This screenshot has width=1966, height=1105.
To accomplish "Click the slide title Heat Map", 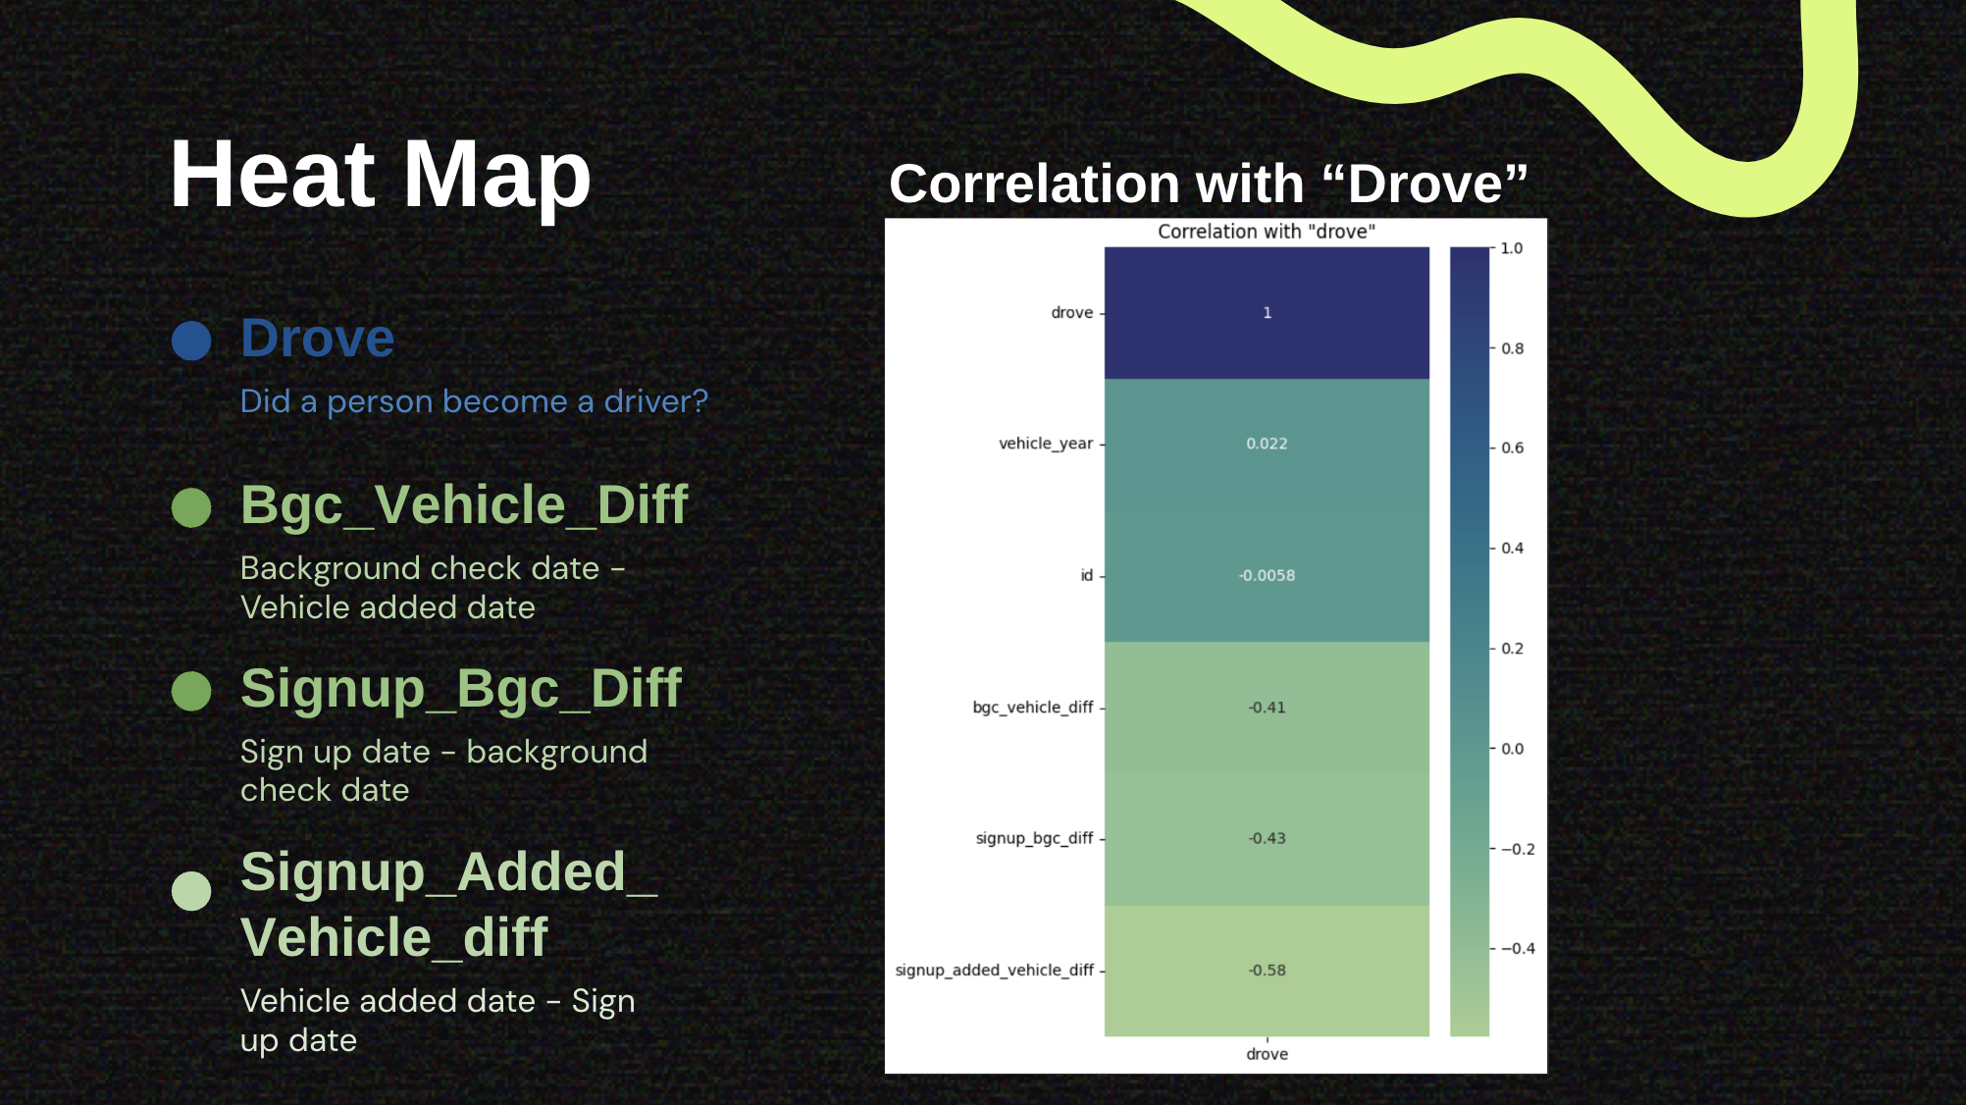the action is tap(381, 175).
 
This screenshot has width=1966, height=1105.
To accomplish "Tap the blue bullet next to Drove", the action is tap(191, 341).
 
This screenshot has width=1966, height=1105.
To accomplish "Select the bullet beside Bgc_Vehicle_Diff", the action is tap(191, 507).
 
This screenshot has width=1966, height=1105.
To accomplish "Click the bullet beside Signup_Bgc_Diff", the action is tap(191, 691).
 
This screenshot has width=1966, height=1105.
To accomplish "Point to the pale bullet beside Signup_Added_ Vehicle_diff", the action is tap(191, 890).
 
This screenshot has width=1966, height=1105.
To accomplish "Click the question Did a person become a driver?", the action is tap(474, 402).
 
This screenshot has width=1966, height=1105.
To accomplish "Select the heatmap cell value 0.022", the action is tap(1267, 444).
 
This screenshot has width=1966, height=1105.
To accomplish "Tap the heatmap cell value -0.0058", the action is tap(1267, 575).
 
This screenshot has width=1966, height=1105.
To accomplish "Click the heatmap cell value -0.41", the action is tap(1267, 708).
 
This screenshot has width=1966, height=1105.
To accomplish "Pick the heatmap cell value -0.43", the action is tap(1267, 838).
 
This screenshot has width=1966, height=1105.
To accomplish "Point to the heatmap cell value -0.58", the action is tap(1267, 971).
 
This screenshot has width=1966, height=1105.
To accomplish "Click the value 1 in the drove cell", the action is tap(1268, 313).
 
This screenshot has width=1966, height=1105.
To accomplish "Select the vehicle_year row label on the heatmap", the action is tap(1046, 444).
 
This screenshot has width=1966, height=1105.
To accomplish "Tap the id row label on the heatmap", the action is tap(1087, 575).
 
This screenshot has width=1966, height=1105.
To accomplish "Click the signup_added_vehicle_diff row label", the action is tap(994, 971).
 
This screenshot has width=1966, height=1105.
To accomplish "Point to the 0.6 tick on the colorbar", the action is tap(1512, 448).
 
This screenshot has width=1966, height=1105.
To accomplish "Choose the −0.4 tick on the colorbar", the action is tap(1518, 949).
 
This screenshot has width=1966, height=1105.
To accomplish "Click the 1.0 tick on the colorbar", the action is tap(1512, 249).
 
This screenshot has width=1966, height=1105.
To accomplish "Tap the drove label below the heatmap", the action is tap(1267, 1054).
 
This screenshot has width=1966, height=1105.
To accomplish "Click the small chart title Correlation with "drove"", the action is tap(1267, 232).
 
